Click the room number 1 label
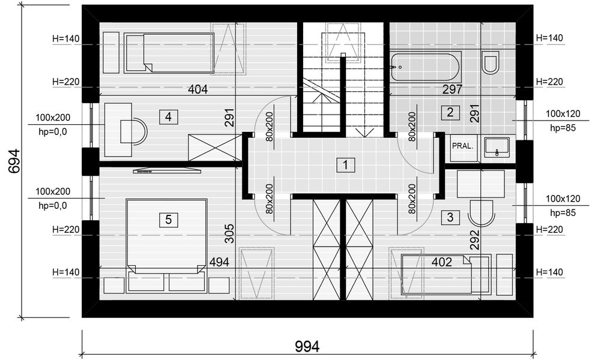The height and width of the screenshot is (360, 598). (345, 165)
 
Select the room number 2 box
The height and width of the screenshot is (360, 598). (450, 112)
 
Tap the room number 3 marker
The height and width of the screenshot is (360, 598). (450, 217)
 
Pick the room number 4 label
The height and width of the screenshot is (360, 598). (168, 117)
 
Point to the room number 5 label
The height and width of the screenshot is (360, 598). (169, 220)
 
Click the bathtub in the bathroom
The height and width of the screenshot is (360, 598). (425, 67)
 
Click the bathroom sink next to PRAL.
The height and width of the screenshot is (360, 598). (497, 147)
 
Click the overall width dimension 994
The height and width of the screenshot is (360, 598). (307, 347)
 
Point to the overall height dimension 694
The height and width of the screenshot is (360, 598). (14, 161)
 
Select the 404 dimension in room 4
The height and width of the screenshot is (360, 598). (198, 89)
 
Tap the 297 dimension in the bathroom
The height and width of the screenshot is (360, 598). (452, 89)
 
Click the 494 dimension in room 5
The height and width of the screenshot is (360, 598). (219, 262)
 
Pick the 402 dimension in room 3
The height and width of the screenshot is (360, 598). (442, 262)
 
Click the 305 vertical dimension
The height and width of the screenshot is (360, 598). (229, 233)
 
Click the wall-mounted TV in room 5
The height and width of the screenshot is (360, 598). (167, 170)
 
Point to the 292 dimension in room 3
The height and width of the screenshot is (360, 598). (474, 239)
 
